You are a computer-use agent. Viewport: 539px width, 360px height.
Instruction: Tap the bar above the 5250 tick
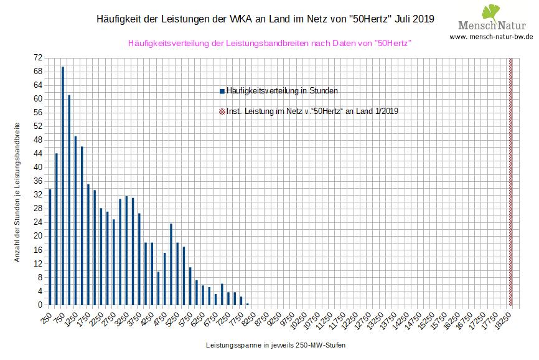(177, 273)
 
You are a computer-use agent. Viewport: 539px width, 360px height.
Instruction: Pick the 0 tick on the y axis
(39, 305)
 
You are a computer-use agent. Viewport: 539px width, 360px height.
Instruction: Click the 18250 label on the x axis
(504, 319)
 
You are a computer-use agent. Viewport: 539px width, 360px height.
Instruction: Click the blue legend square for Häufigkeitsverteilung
(222, 91)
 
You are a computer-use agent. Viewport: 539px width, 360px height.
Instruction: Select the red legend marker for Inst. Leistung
(222, 111)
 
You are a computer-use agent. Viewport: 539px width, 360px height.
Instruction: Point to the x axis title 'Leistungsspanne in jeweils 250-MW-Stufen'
(275, 344)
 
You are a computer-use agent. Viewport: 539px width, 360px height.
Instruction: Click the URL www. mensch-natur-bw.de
(491, 37)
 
